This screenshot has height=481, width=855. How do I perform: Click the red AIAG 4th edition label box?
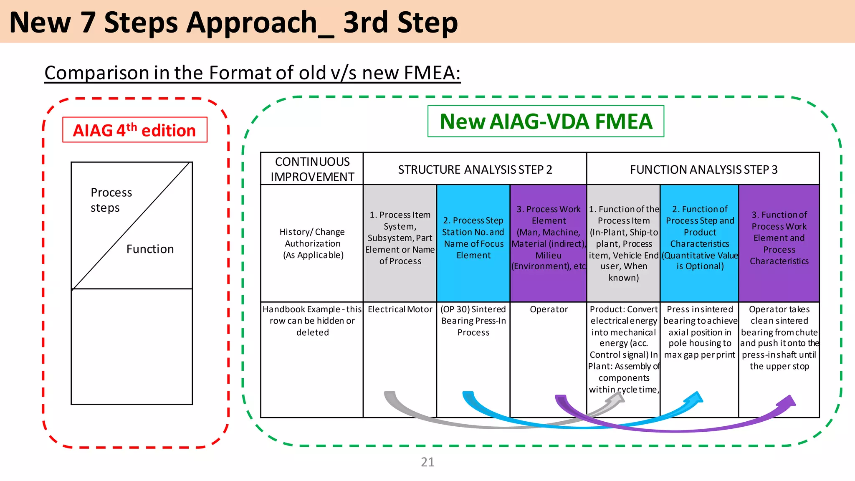134,130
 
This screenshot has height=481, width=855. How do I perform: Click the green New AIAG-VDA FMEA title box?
546,122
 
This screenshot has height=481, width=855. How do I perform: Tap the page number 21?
427,462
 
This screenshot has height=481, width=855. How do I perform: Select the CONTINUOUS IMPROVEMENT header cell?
312,169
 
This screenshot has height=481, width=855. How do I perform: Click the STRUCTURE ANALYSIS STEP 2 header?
475,170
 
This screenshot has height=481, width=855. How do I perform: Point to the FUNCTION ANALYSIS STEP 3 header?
703,170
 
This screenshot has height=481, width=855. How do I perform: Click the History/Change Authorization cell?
312,243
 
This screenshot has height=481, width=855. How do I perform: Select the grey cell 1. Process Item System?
400,238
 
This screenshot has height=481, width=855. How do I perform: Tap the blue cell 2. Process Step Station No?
473,238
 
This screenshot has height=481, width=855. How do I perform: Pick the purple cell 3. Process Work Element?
548,238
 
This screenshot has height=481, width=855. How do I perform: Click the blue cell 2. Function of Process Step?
699,238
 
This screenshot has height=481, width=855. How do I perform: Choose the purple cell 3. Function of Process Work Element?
779,238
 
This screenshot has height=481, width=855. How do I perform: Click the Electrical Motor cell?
400,309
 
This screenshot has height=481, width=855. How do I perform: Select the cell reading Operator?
549,309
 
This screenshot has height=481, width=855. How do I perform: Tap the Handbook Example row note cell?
312,321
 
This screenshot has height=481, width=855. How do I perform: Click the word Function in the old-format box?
150,249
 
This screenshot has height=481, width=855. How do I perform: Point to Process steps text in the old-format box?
111,200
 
